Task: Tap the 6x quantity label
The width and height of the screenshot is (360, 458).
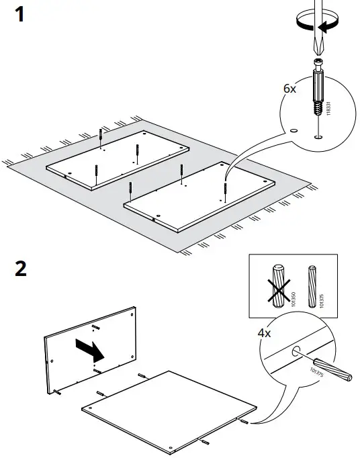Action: click(x=289, y=89)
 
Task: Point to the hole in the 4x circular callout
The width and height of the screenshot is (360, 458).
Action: click(x=296, y=349)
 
